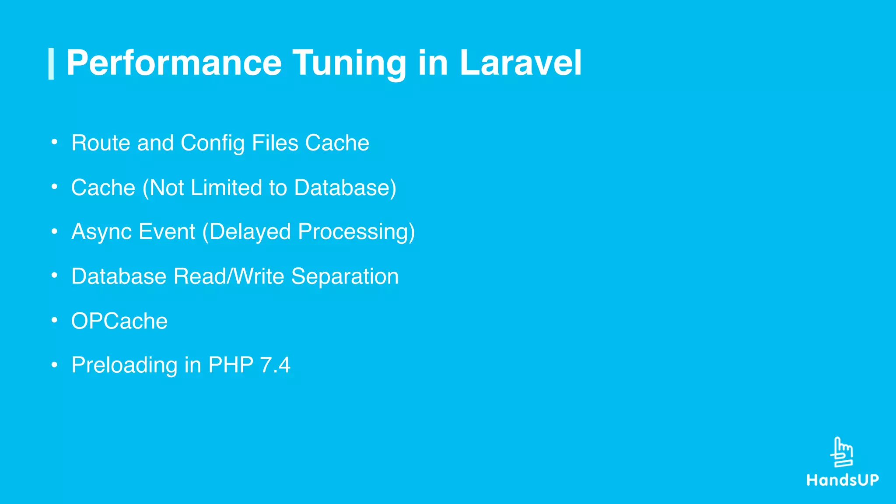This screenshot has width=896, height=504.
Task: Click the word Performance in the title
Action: [174, 63]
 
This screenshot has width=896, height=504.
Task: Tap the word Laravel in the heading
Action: [520, 63]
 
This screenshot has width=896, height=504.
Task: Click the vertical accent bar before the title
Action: [51, 64]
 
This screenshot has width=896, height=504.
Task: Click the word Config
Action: [212, 143]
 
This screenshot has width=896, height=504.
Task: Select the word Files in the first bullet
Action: [275, 143]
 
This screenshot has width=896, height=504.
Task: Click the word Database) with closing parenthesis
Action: [345, 188]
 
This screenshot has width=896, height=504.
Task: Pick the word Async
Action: [102, 232]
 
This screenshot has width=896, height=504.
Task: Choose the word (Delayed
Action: [246, 232]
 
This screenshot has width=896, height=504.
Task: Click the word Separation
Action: [345, 276]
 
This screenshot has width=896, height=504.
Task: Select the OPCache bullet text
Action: [119, 321]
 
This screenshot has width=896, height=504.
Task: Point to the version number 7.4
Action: [275, 365]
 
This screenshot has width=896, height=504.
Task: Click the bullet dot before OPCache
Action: [54, 320]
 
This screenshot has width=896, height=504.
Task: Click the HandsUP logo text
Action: [843, 480]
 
